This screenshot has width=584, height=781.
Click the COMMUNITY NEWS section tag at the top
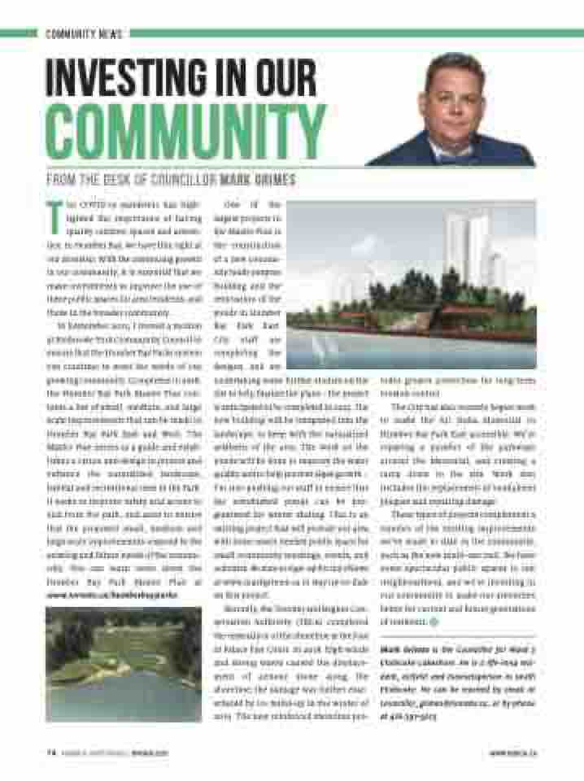[84, 34]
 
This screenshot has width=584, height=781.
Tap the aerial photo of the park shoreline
[124, 663]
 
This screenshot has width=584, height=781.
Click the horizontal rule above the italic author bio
[455, 635]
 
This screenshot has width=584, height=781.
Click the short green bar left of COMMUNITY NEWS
[20, 34]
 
